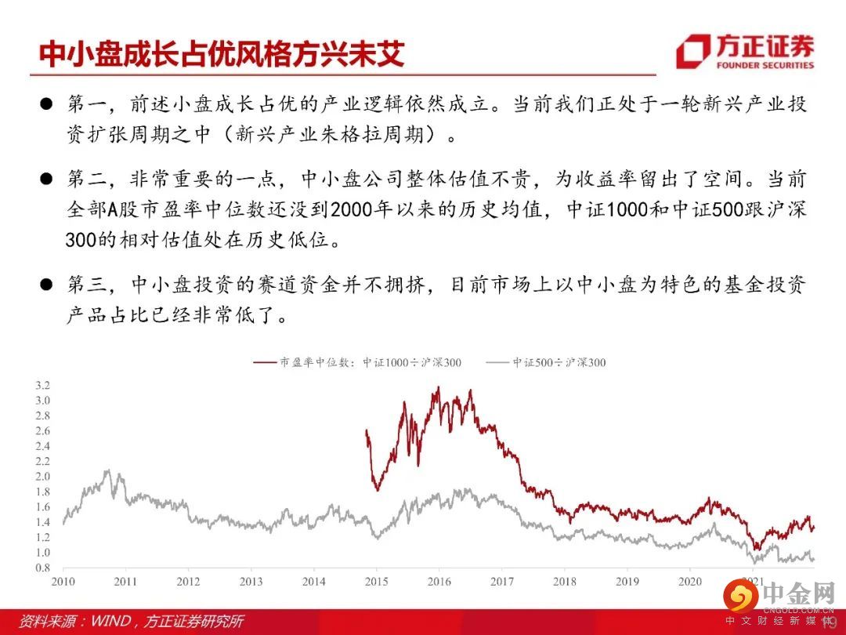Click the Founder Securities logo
pyautogui.click(x=745, y=51)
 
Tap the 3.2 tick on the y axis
pyautogui.click(x=42, y=386)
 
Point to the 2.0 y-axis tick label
pyautogui.click(x=42, y=477)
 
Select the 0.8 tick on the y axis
pyautogui.click(x=42, y=568)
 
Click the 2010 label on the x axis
pyautogui.click(x=63, y=582)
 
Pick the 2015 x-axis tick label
pyautogui.click(x=376, y=582)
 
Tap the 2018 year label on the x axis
pyautogui.click(x=564, y=582)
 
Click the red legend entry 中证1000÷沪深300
pyautogui.click(x=357, y=362)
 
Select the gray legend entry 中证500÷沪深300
pyautogui.click(x=545, y=362)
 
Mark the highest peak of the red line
pyautogui.click(x=438, y=387)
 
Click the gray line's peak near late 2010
pyautogui.click(x=107, y=471)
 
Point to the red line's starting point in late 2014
pyautogui.click(x=367, y=430)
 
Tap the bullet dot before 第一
pyautogui.click(x=46, y=104)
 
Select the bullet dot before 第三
pyautogui.click(x=46, y=285)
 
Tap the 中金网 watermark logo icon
pyautogui.click(x=741, y=597)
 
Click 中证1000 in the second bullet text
pyautogui.click(x=607, y=209)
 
